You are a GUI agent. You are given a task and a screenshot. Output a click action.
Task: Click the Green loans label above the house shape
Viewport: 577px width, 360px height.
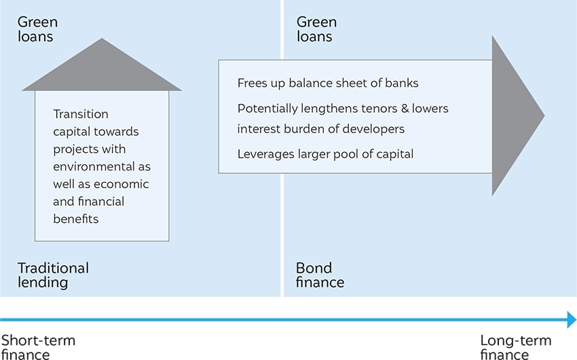point(37,29)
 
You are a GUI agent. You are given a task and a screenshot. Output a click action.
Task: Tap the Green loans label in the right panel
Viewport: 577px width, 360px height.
point(316,29)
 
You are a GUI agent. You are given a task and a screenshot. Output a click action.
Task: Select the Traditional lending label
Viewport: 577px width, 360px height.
point(54,275)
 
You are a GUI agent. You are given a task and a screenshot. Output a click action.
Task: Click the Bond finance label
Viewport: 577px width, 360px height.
point(320,275)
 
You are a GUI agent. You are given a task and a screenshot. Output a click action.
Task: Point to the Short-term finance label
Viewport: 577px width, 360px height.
point(38,346)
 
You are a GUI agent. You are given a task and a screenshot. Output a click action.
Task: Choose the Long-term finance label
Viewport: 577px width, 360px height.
point(515,346)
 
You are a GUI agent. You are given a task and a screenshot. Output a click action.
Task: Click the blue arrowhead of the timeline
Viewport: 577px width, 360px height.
point(572,319)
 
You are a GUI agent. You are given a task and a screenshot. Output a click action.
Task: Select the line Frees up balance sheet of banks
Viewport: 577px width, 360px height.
point(328,83)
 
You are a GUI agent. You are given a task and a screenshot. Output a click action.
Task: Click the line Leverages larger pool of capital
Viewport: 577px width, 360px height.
point(325,154)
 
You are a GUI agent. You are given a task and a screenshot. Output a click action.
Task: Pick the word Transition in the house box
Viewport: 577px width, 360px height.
point(81,114)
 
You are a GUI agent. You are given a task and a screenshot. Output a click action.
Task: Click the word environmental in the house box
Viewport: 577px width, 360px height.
point(94,166)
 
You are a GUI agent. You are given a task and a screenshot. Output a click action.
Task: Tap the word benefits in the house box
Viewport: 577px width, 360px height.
point(76,219)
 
